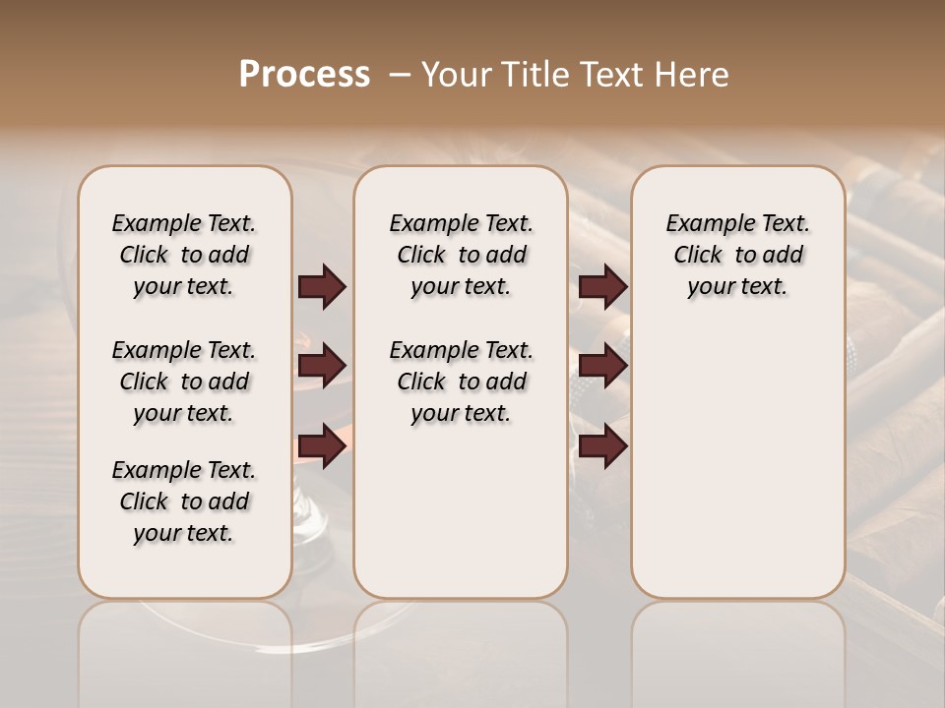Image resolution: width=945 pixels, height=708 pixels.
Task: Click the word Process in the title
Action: click(304, 75)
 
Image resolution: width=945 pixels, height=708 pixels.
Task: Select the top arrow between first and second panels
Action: click(322, 287)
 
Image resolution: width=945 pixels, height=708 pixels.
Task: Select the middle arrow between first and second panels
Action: click(322, 366)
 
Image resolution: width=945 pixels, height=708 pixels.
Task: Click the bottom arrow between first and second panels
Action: click(322, 445)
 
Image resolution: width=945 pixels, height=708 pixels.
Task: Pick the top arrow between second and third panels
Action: click(602, 287)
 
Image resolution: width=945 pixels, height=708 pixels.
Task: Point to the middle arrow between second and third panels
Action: click(602, 366)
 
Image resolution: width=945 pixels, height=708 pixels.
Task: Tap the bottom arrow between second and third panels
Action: click(602, 445)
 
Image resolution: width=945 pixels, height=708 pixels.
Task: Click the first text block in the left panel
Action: click(184, 255)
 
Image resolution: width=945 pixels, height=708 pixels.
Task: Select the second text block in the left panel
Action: click(184, 382)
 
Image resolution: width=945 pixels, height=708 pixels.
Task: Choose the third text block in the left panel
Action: click(184, 501)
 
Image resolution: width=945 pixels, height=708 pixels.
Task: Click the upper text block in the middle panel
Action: click(461, 255)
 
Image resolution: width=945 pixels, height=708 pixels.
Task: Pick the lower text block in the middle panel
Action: click(461, 382)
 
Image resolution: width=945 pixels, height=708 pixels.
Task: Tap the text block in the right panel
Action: click(738, 255)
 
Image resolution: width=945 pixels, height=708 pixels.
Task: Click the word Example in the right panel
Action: click(702, 224)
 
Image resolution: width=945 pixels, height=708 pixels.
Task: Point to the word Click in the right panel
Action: click(698, 256)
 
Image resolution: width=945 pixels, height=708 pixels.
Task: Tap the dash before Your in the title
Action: click(400, 75)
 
